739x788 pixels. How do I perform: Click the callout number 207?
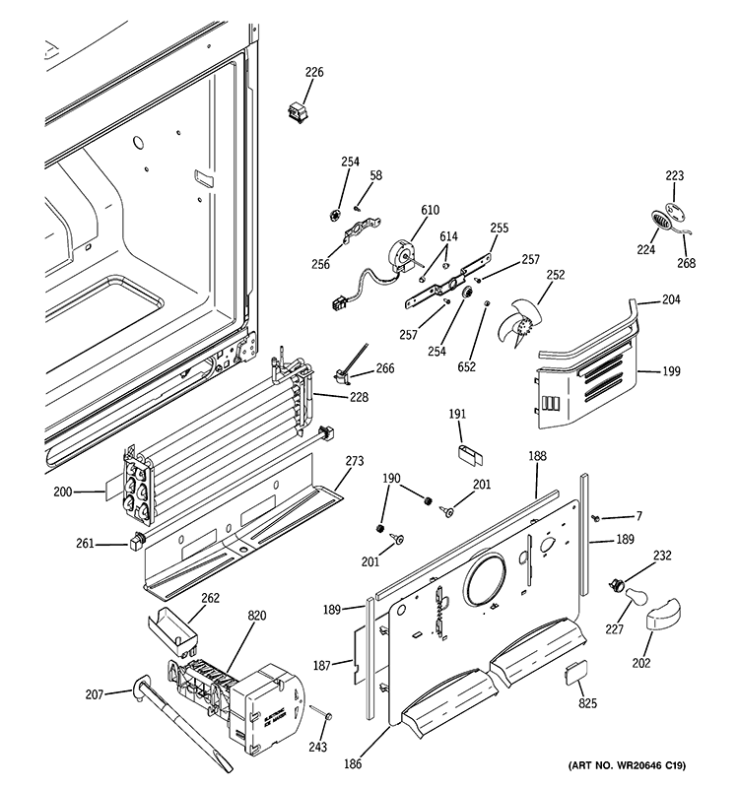[94, 694]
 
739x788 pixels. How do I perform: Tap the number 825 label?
[588, 702]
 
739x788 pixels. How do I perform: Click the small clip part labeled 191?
[466, 453]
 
